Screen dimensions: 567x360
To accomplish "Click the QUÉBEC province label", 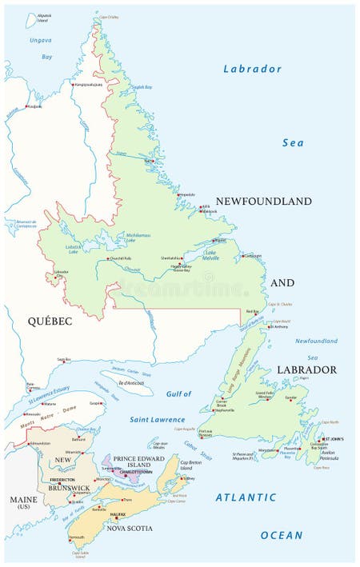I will click(50, 321).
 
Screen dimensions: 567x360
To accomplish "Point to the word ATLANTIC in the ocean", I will click(246, 497).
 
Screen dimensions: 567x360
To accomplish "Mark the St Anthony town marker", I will click(270, 326).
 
